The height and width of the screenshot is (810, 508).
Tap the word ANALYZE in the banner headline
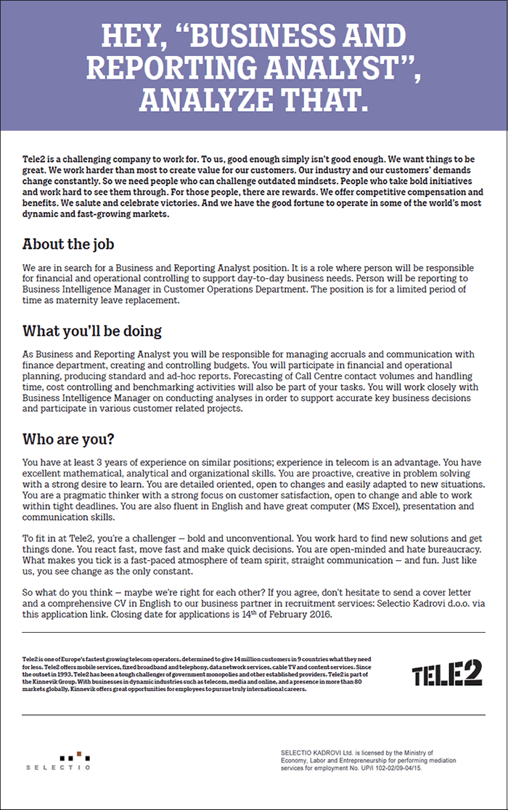coord(207,97)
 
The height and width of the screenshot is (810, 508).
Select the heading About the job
coord(68,244)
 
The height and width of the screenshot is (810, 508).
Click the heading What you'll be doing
coord(92,331)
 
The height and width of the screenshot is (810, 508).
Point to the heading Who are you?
coord(68,439)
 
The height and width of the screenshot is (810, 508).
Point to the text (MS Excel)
coord(310,506)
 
